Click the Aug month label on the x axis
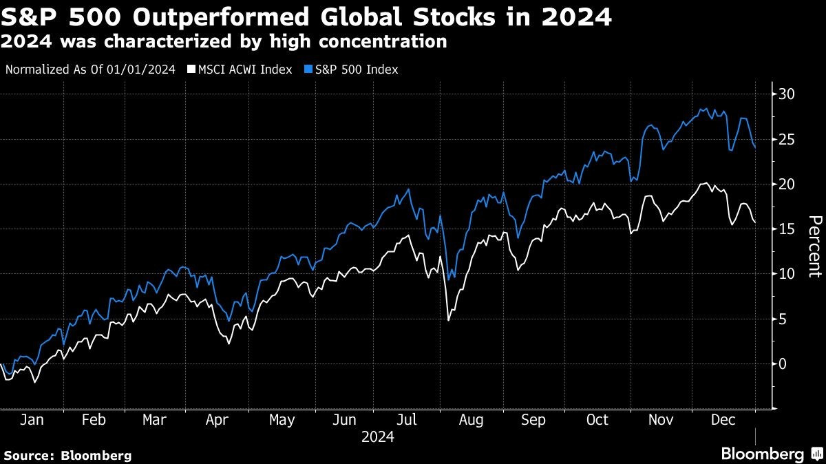click(471, 420)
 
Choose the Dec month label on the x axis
click(723, 420)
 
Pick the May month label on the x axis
click(282, 420)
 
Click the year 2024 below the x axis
click(377, 437)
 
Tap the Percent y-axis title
click(814, 246)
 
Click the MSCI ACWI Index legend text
click(244, 70)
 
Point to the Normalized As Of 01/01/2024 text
click(90, 70)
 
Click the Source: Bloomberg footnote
click(67, 455)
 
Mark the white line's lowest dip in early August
click(448, 320)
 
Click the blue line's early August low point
click(448, 280)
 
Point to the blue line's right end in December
click(755, 147)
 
